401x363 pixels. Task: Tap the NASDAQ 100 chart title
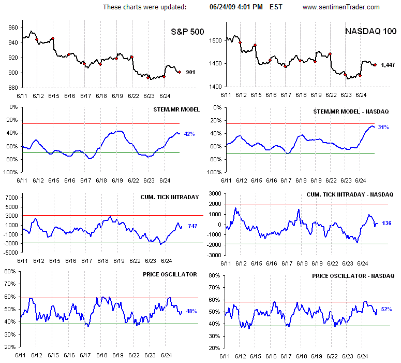[369, 32]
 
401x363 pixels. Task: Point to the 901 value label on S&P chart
[190, 73]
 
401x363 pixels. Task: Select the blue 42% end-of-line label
[189, 134]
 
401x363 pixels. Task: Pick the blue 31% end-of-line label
[383, 127]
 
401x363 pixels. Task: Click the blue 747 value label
[192, 227]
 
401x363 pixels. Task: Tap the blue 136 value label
[387, 223]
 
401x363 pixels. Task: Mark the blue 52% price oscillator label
[386, 309]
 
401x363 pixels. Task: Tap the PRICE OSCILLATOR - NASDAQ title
[353, 276]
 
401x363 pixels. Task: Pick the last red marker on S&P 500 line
[180, 72]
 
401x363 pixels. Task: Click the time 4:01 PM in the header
[252, 7]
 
